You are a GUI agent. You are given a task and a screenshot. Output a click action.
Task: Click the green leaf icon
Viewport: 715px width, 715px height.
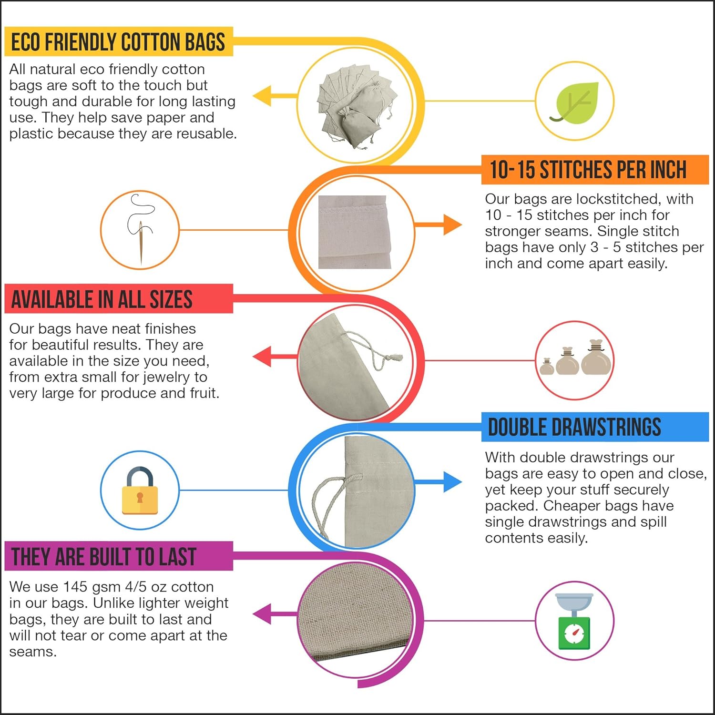coord(574,102)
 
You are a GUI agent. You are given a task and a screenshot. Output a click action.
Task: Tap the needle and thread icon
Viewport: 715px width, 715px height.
coord(141,229)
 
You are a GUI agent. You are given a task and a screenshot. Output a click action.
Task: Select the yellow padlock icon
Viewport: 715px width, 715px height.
coord(140,490)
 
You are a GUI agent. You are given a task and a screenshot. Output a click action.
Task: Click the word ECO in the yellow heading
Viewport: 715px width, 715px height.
coord(26,42)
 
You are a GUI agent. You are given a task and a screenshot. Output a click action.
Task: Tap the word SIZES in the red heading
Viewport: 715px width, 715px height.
coord(171,299)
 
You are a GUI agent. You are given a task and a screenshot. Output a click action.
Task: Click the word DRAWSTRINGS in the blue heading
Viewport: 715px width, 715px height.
coord(606,427)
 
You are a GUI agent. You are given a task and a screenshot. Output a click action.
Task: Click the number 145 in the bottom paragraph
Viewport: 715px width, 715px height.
coord(75,587)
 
